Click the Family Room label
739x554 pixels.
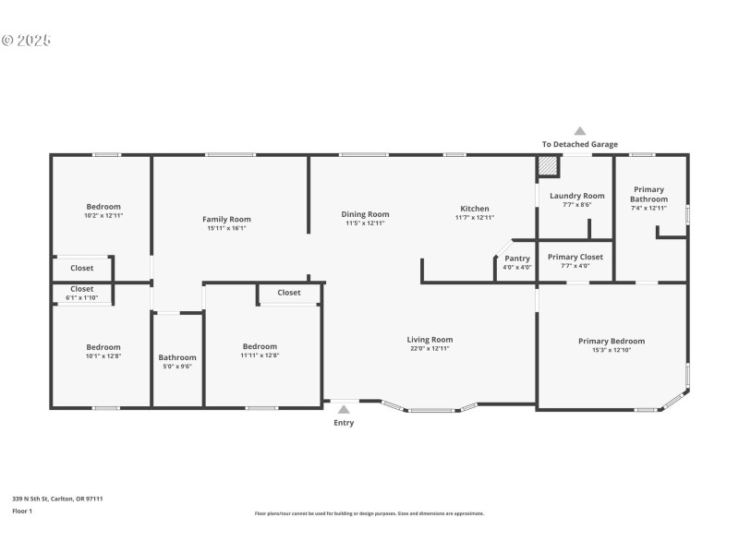(x=226, y=219)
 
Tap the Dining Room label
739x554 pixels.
(x=365, y=213)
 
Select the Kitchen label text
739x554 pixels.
(x=474, y=209)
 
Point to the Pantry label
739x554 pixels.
(x=517, y=259)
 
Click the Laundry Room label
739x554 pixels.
(x=576, y=196)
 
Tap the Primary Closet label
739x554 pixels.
(x=575, y=257)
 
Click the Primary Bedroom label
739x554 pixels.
(x=612, y=341)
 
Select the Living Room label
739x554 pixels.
(x=430, y=339)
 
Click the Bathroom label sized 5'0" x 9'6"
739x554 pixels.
(x=177, y=357)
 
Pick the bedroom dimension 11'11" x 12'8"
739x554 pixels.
(x=260, y=355)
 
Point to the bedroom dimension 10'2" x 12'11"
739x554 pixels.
(x=103, y=215)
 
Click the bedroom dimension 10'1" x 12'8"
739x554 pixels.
(x=103, y=355)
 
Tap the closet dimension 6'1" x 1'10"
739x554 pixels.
(x=82, y=298)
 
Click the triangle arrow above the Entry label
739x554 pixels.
(x=344, y=409)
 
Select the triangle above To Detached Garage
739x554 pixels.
(x=580, y=131)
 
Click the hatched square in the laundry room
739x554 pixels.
(x=548, y=165)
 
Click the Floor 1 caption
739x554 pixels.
(x=22, y=511)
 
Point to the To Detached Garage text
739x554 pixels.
(x=580, y=144)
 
